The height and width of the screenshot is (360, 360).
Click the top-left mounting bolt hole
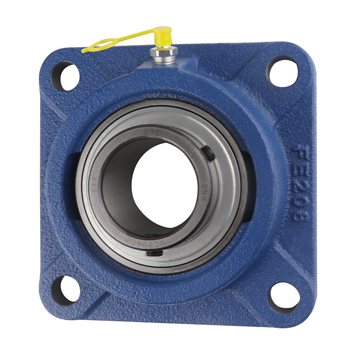(x=66, y=76)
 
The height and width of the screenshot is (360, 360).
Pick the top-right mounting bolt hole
(x=283, y=72)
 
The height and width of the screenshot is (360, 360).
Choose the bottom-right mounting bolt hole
(x=284, y=297)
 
